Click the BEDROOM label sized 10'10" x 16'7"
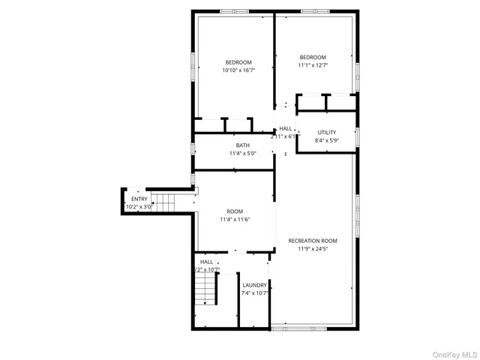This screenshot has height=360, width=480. (x=238, y=62)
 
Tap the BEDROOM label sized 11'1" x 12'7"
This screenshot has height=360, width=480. (x=313, y=57)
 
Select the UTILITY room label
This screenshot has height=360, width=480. (x=326, y=132)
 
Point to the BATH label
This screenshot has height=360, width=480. (x=242, y=145)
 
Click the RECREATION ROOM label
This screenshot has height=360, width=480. (x=313, y=241)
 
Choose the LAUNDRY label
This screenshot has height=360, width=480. (x=254, y=285)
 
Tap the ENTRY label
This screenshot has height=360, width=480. (x=139, y=199)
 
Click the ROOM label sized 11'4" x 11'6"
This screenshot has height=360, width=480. (x=235, y=211)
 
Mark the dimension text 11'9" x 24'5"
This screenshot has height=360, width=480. (x=313, y=249)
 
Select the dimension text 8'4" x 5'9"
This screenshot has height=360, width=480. (x=326, y=140)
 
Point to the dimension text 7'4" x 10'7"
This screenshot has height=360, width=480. (x=254, y=293)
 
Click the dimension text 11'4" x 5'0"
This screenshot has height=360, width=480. (x=242, y=154)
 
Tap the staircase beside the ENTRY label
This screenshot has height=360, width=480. (x=164, y=201)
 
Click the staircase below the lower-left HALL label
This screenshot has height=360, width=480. (x=205, y=289)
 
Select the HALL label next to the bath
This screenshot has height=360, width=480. (x=285, y=128)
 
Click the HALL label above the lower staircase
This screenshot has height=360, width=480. (x=205, y=262)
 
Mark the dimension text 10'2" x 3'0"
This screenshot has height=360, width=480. (x=139, y=206)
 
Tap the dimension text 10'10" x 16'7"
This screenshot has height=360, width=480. (x=238, y=70)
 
